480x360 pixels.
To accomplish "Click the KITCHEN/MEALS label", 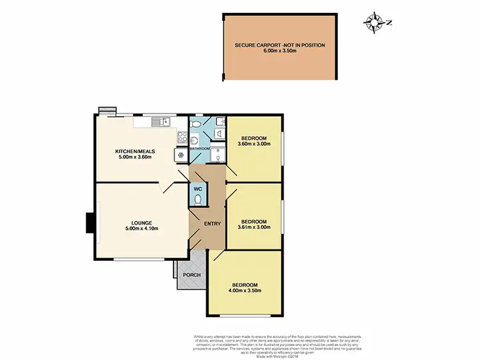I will (x=133, y=151).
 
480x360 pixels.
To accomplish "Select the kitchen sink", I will (x=158, y=120).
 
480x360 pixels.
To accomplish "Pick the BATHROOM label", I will (x=200, y=149).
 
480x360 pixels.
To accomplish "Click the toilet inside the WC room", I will (x=198, y=200).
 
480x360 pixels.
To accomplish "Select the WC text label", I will (x=198, y=189).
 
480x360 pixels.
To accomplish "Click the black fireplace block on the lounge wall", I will (x=91, y=223).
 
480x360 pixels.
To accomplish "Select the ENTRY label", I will (x=212, y=223).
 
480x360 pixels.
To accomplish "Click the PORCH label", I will (x=192, y=275).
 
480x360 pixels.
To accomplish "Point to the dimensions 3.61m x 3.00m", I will (x=255, y=227).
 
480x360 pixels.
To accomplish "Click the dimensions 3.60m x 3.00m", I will (x=255, y=144).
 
